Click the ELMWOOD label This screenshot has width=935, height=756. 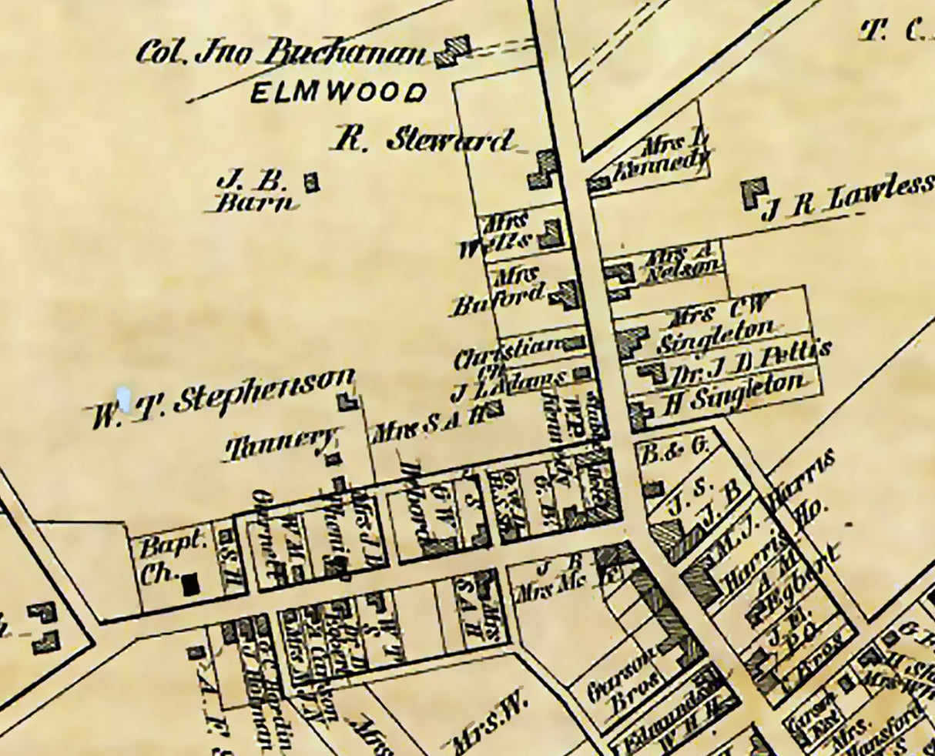(339, 93)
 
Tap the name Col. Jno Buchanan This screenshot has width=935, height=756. (281, 53)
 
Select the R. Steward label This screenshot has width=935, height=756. (423, 140)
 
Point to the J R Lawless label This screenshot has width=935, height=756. (847, 198)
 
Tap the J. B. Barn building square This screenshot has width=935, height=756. (311, 182)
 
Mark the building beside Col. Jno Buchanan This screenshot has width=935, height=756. (453, 51)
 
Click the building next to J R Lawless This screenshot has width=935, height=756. (755, 192)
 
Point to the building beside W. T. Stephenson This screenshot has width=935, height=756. (349, 402)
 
